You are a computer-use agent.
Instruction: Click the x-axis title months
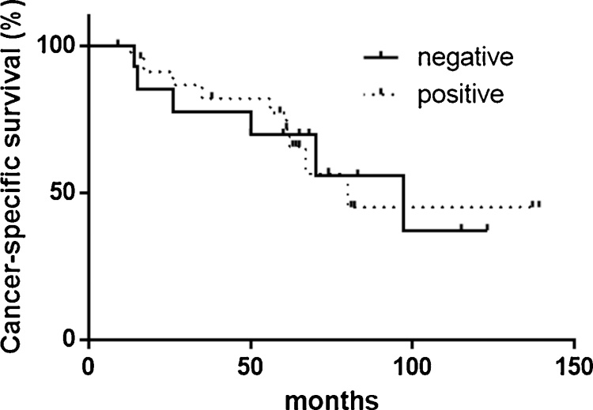(x=330, y=397)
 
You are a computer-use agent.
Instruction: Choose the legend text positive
(x=461, y=95)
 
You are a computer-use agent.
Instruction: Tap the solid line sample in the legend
(x=383, y=58)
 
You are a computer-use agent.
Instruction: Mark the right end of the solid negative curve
(x=488, y=230)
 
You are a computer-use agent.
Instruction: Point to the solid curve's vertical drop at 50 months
(x=251, y=122)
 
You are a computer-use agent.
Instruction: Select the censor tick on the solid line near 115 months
(x=461, y=228)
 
